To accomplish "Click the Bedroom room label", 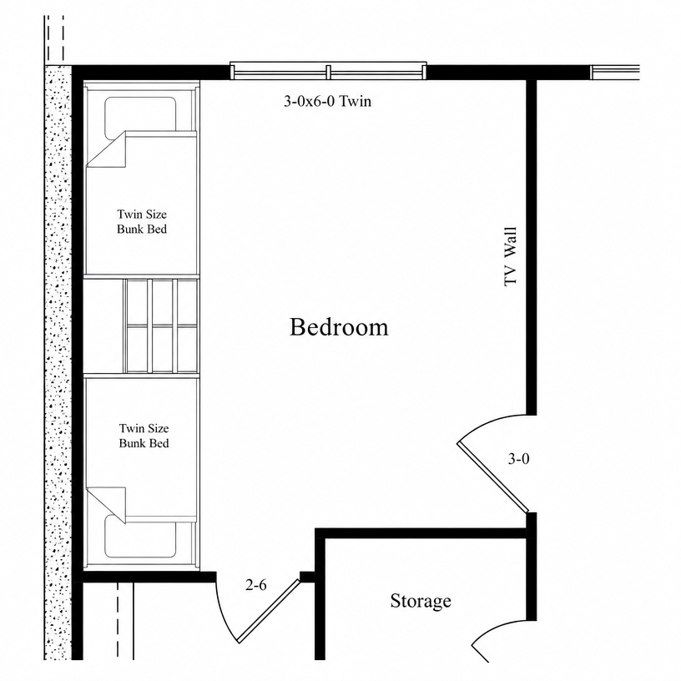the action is [339, 326].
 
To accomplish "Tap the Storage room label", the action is [421, 601].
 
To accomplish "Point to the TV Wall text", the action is [511, 256].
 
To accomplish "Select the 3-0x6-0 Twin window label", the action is [327, 101].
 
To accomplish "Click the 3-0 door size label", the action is [518, 459].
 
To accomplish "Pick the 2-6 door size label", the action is [256, 585].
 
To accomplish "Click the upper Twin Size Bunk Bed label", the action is [142, 221].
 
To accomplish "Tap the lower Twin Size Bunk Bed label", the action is [144, 436].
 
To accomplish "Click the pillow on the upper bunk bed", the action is [140, 113].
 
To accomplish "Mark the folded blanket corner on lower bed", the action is [107, 505].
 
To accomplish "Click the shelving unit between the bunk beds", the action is [161, 325].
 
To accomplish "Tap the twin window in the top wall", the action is [328, 71].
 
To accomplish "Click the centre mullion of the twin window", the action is [328, 72].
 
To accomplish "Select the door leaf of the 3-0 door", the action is [492, 477].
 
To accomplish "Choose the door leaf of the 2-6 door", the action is [269, 611].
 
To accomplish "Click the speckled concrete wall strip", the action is [58, 363].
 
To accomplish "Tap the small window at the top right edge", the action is [615, 73].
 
